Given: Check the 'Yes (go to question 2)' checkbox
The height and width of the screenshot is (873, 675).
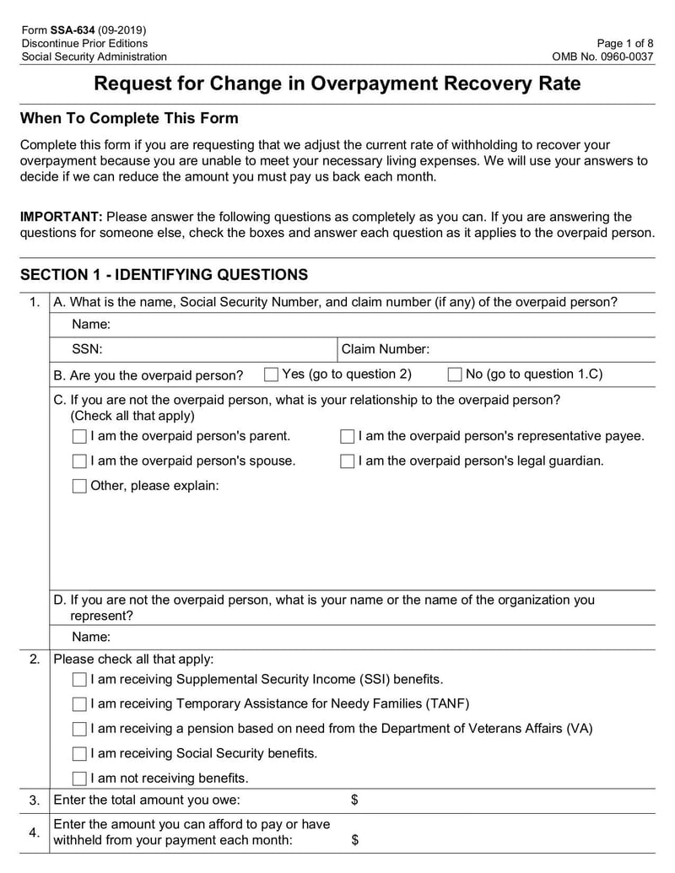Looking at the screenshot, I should pyautogui.click(x=271, y=375).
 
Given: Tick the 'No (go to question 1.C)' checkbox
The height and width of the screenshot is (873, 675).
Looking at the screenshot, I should pyautogui.click(x=455, y=375).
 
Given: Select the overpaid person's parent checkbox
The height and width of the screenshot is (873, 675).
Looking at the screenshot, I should pyautogui.click(x=79, y=437).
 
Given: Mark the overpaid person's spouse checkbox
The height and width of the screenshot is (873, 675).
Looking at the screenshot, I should pyautogui.click(x=79, y=461).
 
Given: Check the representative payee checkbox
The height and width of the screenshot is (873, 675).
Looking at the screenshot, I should pyautogui.click(x=348, y=437).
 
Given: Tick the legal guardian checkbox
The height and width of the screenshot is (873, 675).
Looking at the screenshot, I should pyautogui.click(x=348, y=461).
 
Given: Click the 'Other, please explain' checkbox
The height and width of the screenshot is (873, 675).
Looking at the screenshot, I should pyautogui.click(x=79, y=486).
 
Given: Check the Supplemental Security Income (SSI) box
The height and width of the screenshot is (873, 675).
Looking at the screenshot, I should pyautogui.click(x=79, y=680).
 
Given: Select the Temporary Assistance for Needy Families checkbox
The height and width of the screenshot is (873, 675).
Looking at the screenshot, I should pyautogui.click(x=79, y=704).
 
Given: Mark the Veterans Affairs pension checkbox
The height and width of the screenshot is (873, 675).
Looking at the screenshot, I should pyautogui.click(x=79, y=729).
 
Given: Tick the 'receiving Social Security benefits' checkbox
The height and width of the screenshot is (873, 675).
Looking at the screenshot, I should pyautogui.click(x=79, y=753).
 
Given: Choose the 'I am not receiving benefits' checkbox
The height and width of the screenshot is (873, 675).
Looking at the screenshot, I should pyautogui.click(x=79, y=779).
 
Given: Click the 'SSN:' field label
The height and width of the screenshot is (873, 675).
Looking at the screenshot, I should pyautogui.click(x=87, y=349).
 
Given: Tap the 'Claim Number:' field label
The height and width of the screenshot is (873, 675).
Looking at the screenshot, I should pyautogui.click(x=385, y=349).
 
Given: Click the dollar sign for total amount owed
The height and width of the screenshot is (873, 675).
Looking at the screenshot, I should pyautogui.click(x=354, y=800).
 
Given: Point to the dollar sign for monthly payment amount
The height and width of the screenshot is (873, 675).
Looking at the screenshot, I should pyautogui.click(x=354, y=839).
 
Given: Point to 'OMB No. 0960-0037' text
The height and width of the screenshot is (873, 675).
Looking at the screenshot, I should pyautogui.click(x=602, y=57).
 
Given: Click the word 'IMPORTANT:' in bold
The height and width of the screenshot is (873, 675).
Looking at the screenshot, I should pyautogui.click(x=61, y=217).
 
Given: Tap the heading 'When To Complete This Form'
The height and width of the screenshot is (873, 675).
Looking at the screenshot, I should pyautogui.click(x=129, y=118).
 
